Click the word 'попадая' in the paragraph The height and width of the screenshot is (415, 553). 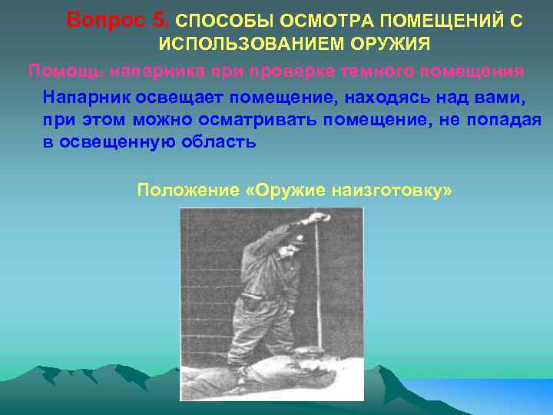pyautogui.click(x=509, y=121)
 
